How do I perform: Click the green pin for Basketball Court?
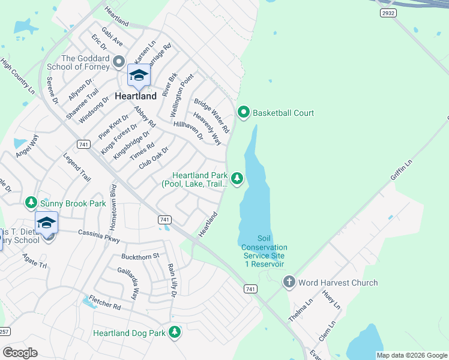[x=244, y=112]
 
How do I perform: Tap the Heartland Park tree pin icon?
[x=238, y=178]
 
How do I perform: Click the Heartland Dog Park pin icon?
[x=175, y=332]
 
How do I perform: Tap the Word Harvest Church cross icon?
[x=289, y=282]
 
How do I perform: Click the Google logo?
[x=20, y=352]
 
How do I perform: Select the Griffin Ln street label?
[x=402, y=170]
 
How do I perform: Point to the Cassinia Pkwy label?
[x=100, y=236]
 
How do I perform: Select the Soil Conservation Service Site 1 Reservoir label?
[x=264, y=251]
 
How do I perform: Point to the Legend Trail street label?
[x=77, y=167]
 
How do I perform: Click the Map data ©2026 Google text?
[x=411, y=355]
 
